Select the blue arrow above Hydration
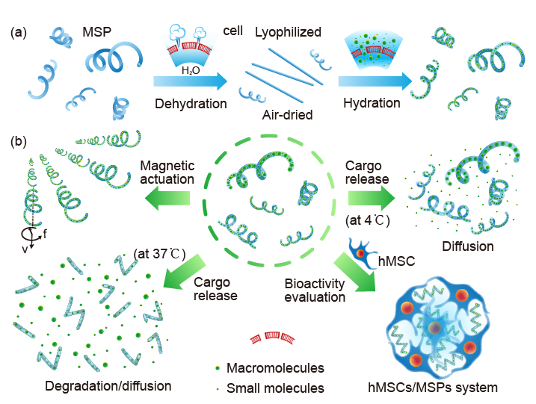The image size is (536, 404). [375, 81]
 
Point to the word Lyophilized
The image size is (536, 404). [288, 33]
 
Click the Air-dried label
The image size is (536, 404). [287, 115]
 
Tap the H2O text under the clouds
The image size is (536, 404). [191, 69]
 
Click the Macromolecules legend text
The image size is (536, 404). [274, 368]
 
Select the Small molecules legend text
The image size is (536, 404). [274, 388]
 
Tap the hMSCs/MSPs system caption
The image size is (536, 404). [433, 388]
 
